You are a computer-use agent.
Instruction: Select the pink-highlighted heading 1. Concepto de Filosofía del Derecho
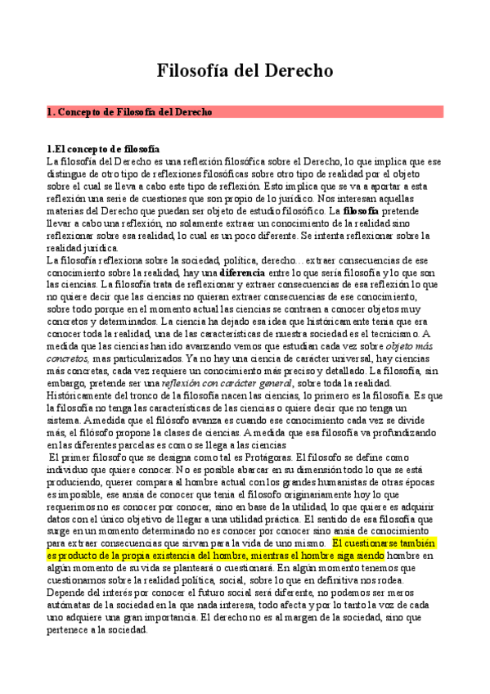click(130, 111)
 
